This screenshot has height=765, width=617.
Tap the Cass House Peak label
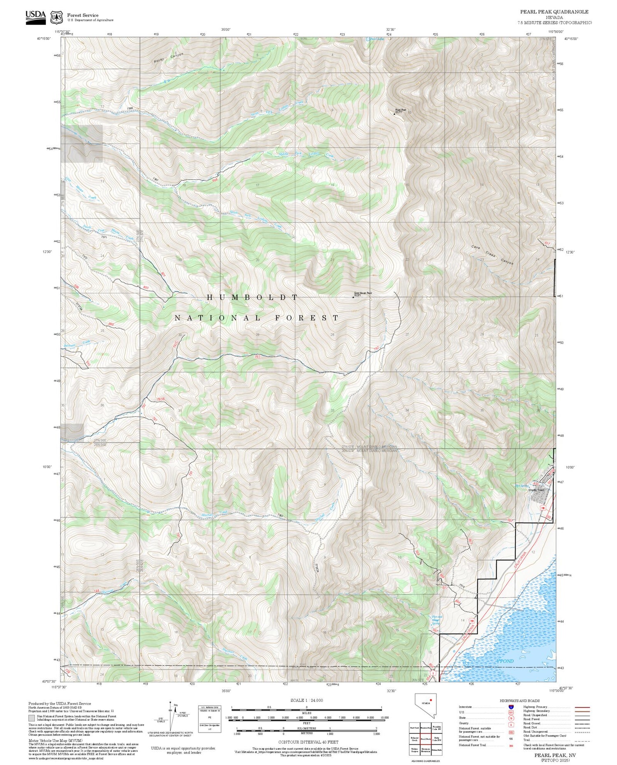[x=363, y=293]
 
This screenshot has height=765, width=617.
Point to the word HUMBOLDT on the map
[x=252, y=297]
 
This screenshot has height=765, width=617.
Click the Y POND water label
[x=505, y=661]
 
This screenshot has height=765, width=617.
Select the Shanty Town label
[x=536, y=490]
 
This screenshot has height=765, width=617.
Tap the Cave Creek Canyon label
[x=492, y=255]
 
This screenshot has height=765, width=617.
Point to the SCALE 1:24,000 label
[x=306, y=700]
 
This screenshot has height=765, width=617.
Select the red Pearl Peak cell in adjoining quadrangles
[x=425, y=738]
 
